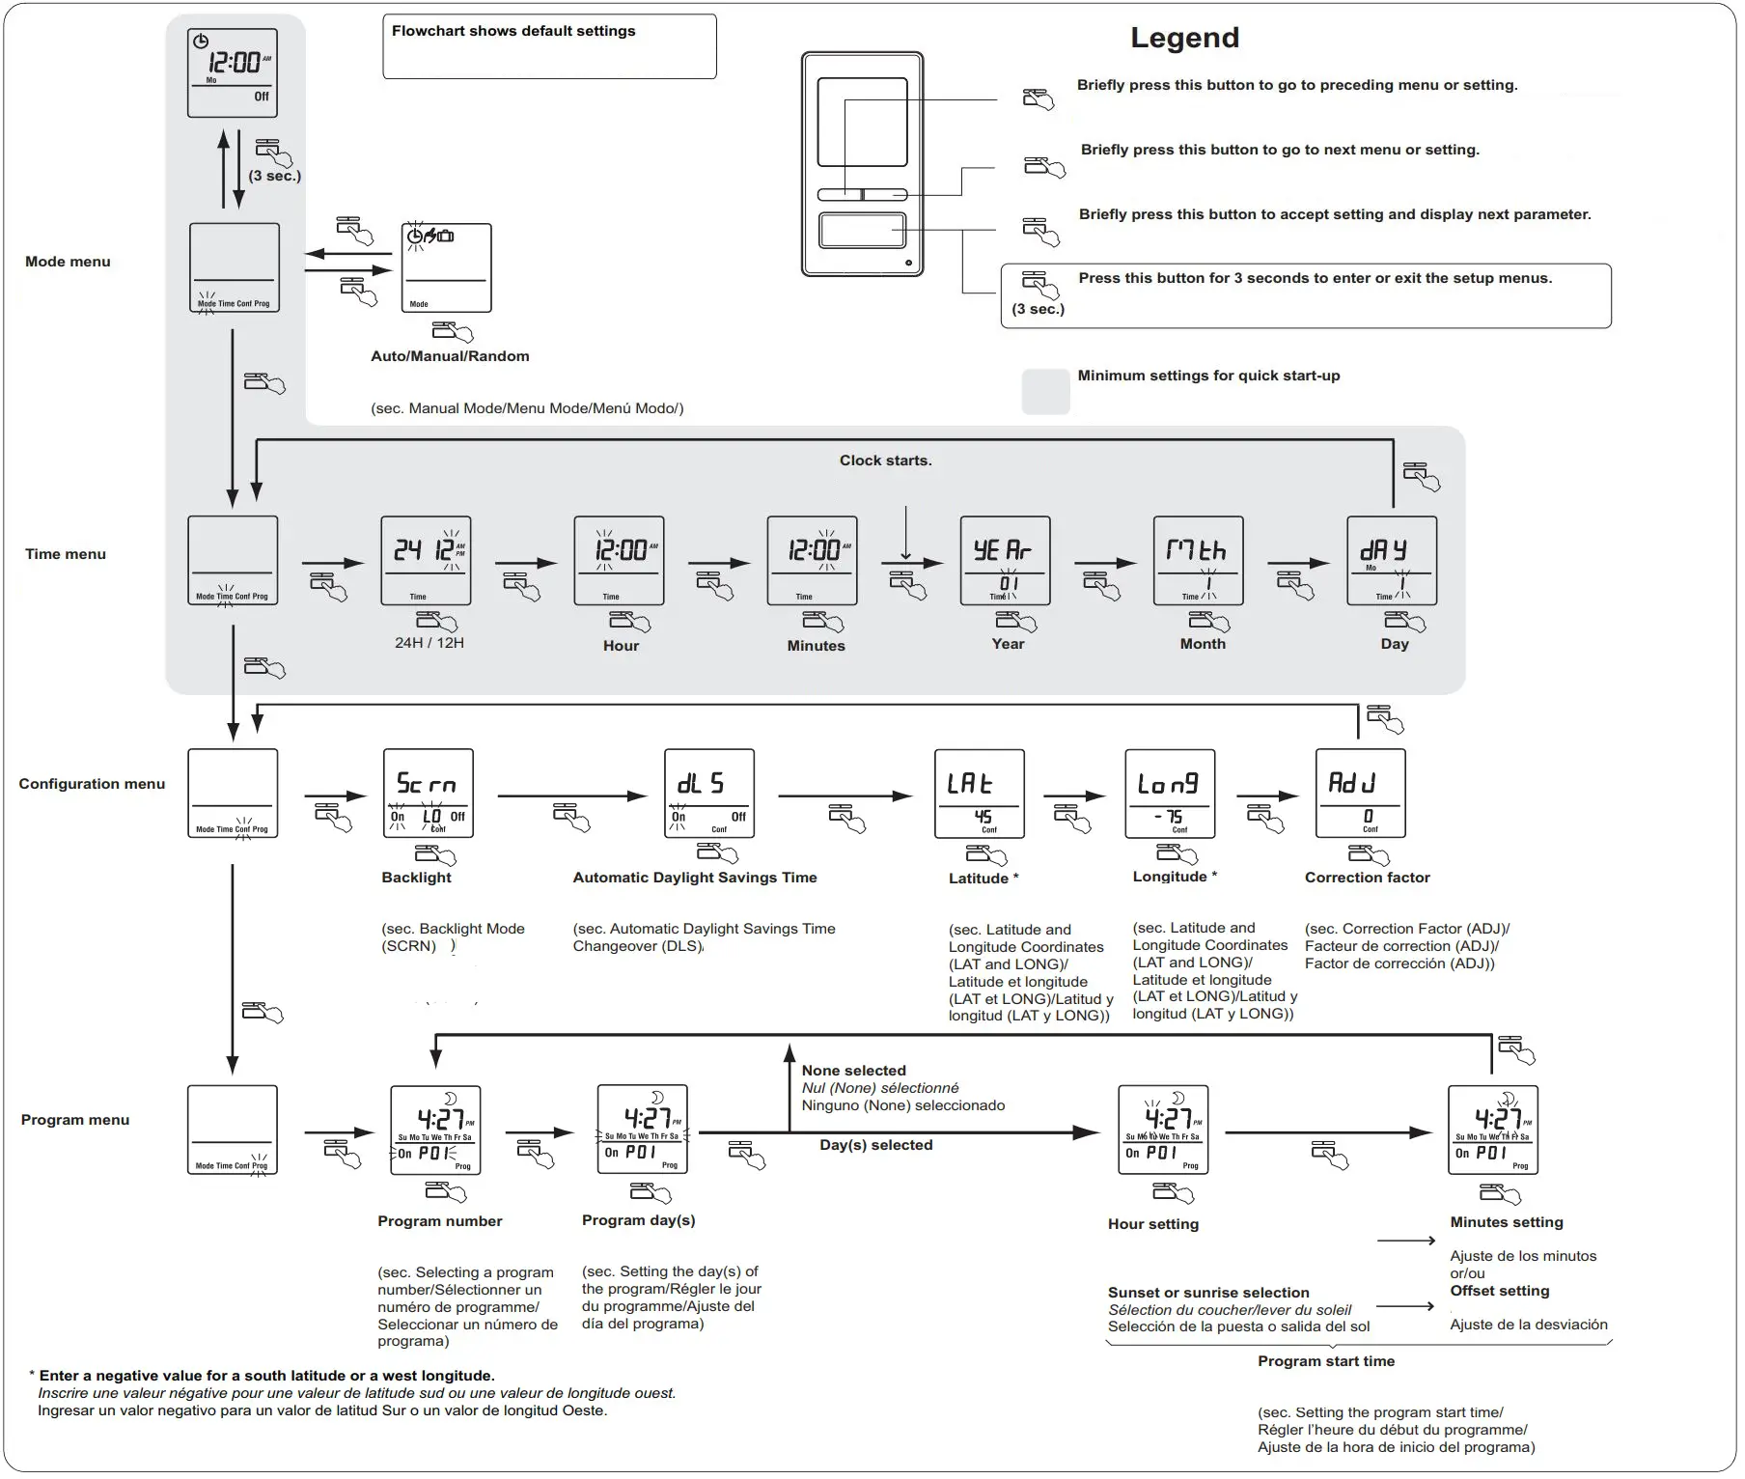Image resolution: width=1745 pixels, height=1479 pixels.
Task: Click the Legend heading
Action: pyautogui.click(x=1184, y=39)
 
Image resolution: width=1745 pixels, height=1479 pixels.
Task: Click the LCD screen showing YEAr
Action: pyautogui.click(x=1005, y=561)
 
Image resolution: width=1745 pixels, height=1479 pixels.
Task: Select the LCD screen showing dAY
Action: pyautogui.click(x=1391, y=561)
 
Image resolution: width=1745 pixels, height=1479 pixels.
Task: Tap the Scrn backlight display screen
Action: pyautogui.click(x=428, y=794)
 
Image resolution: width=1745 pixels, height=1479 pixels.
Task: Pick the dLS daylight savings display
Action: pyautogui.click(x=708, y=794)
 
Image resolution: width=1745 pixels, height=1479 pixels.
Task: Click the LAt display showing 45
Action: pyautogui.click(x=979, y=794)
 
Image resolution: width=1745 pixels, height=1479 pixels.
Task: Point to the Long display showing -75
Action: pyautogui.click(x=1170, y=794)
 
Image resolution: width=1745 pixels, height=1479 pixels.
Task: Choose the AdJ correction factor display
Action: pyautogui.click(x=1360, y=794)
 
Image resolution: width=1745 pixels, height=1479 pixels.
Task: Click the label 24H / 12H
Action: pyautogui.click(x=429, y=643)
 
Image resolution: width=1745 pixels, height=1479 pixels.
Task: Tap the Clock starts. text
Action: pyautogui.click(x=885, y=460)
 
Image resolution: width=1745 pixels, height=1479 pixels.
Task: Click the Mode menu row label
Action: pyautogui.click(x=68, y=262)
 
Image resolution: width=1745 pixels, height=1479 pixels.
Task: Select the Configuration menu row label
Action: pyautogui.click(x=92, y=784)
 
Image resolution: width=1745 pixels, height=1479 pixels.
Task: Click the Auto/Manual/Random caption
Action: pyautogui.click(x=450, y=356)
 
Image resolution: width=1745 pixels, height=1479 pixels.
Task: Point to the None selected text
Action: pyautogui.click(x=853, y=1071)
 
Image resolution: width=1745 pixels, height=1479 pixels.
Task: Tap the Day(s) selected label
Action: pyautogui.click(x=875, y=1145)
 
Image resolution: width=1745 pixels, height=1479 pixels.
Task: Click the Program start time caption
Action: pyautogui.click(x=1325, y=1361)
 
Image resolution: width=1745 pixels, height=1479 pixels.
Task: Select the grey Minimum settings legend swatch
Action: pyautogui.click(x=1045, y=391)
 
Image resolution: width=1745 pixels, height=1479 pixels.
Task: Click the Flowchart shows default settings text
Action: pyautogui.click(x=513, y=31)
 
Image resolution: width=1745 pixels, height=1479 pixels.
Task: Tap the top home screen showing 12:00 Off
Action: pyautogui.click(x=232, y=73)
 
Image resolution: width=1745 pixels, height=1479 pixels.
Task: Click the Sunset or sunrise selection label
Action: pyautogui.click(x=1207, y=1293)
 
